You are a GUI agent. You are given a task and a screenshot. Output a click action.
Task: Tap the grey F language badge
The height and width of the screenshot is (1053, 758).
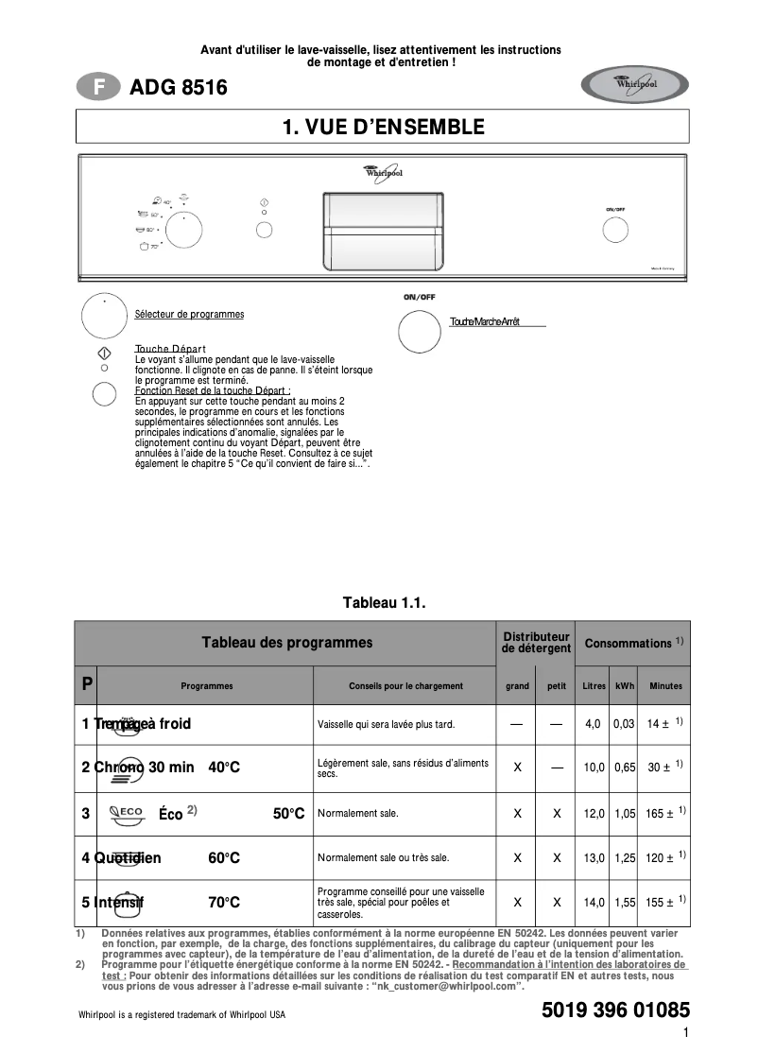coord(97,88)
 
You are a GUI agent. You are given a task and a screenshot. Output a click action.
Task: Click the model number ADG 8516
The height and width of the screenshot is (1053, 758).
coord(179,88)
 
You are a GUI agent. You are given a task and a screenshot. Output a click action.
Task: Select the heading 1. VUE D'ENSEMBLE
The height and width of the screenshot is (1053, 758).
coord(383,127)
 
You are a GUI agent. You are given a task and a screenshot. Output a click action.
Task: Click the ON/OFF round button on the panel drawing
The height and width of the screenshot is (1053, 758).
coord(615,230)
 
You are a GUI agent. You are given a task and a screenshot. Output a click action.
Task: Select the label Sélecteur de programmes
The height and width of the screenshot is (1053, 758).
coord(189,314)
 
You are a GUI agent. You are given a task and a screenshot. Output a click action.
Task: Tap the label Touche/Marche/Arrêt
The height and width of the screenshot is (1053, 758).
coord(485,322)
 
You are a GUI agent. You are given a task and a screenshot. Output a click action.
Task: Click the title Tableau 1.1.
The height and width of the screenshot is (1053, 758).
coord(383,602)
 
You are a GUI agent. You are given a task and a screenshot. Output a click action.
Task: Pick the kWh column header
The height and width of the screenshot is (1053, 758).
coord(625,686)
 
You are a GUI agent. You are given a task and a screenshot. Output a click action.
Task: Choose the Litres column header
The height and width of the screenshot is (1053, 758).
coord(594,686)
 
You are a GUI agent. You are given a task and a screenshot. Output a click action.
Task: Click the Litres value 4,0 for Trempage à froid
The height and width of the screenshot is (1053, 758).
coord(593,724)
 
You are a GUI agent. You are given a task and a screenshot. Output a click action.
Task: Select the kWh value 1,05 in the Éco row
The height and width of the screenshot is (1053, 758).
coord(624,814)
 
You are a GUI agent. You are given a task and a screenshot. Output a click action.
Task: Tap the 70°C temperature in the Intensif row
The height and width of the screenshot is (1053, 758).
coord(224,903)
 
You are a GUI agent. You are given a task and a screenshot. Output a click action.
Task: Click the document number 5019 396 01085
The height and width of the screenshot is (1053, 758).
coord(615,1010)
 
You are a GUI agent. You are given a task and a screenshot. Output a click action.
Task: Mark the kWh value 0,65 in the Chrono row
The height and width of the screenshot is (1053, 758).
coord(624,768)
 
